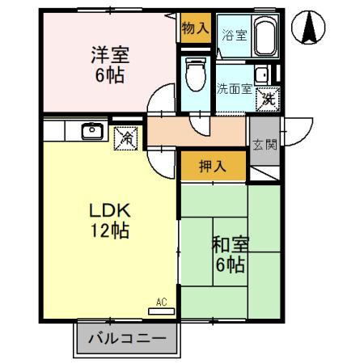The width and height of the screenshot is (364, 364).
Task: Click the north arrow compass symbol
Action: coord(309,30)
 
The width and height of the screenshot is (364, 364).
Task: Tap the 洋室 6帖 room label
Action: coord(110,64)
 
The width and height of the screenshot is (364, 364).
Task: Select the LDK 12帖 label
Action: coord(108,219)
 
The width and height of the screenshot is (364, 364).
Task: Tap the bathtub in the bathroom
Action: coord(264,36)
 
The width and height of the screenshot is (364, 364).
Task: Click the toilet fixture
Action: coord(194,76)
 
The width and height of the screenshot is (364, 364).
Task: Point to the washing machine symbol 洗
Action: coord(267,99)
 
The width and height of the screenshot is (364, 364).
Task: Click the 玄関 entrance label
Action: coord(262,145)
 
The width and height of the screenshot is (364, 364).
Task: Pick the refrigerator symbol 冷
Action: coord(127,138)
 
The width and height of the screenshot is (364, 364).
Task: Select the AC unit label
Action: coord(161,303)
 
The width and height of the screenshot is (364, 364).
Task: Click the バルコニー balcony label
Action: coord(126,338)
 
